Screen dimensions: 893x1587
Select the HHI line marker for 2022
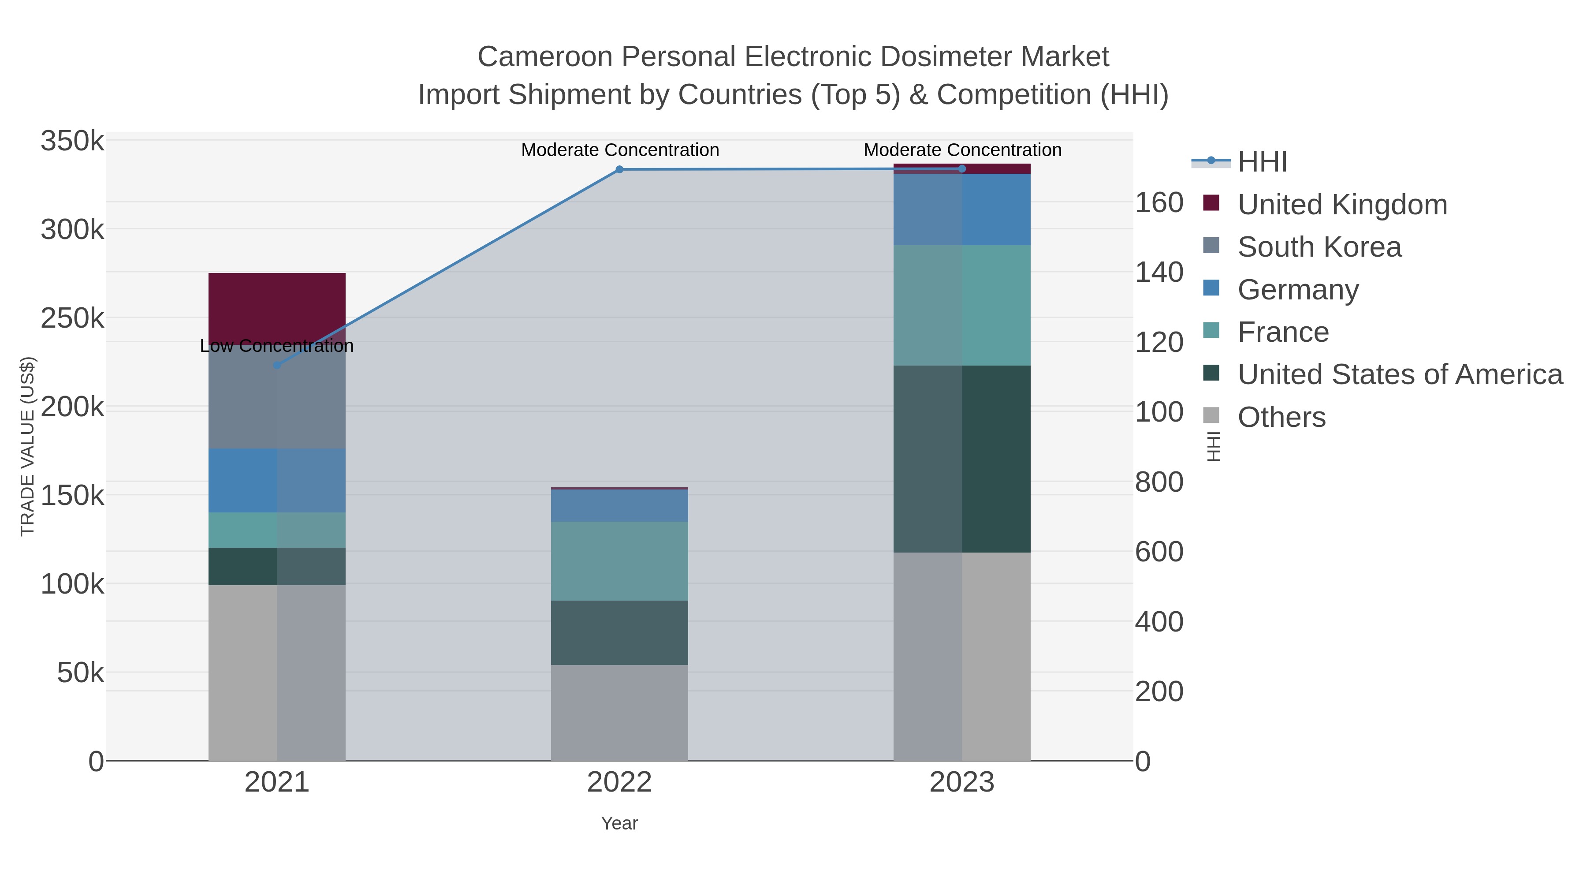point(619,169)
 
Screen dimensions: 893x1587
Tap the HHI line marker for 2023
point(962,169)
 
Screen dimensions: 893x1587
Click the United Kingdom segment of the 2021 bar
point(276,305)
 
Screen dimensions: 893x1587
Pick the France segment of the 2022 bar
point(619,561)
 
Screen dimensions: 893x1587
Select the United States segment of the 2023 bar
point(962,459)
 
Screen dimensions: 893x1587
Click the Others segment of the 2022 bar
point(619,713)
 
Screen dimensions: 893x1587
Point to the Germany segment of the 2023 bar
point(962,209)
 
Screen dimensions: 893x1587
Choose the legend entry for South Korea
point(1319,247)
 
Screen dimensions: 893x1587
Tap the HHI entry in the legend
point(1262,162)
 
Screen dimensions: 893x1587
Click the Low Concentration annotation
point(276,346)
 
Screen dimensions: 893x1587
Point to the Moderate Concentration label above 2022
point(620,150)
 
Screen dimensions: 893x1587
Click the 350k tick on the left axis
point(72,141)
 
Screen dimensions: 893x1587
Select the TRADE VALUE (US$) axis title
point(28,446)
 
